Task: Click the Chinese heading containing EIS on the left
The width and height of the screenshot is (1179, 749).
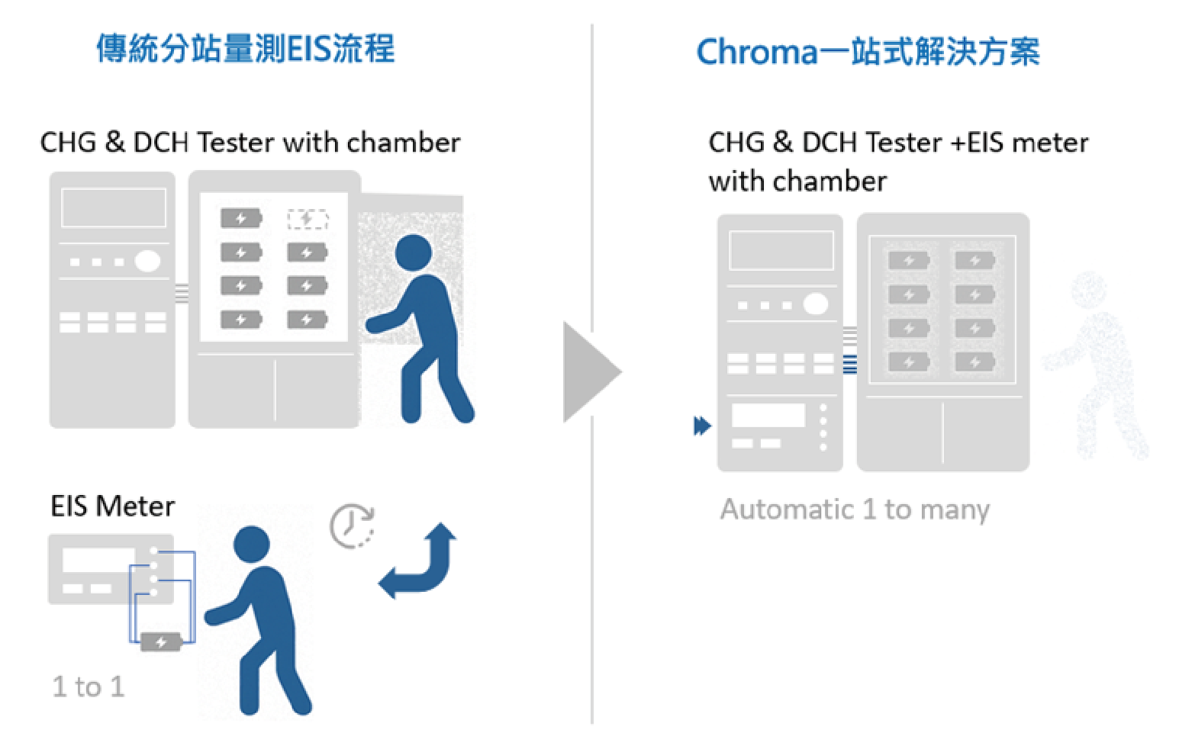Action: (x=245, y=49)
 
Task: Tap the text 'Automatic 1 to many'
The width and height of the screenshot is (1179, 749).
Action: (x=855, y=509)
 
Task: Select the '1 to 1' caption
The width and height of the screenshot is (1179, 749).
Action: (x=88, y=686)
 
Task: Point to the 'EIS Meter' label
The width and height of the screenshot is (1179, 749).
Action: (x=112, y=506)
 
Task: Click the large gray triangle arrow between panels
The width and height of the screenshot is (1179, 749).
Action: (x=590, y=372)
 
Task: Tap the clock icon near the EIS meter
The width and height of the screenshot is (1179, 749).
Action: (x=352, y=526)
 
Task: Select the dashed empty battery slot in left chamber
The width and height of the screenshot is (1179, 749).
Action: (x=308, y=219)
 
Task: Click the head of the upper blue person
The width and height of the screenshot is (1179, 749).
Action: (x=414, y=252)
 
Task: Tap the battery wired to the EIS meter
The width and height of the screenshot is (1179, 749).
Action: (x=161, y=641)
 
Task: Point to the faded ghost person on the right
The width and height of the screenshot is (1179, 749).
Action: (x=1099, y=366)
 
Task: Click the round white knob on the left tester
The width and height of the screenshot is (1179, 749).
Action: (x=147, y=261)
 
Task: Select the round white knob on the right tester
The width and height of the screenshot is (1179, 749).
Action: (x=816, y=304)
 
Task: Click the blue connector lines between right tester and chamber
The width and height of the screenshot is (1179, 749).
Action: (x=849, y=365)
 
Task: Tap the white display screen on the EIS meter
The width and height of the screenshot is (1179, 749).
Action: (x=88, y=561)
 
